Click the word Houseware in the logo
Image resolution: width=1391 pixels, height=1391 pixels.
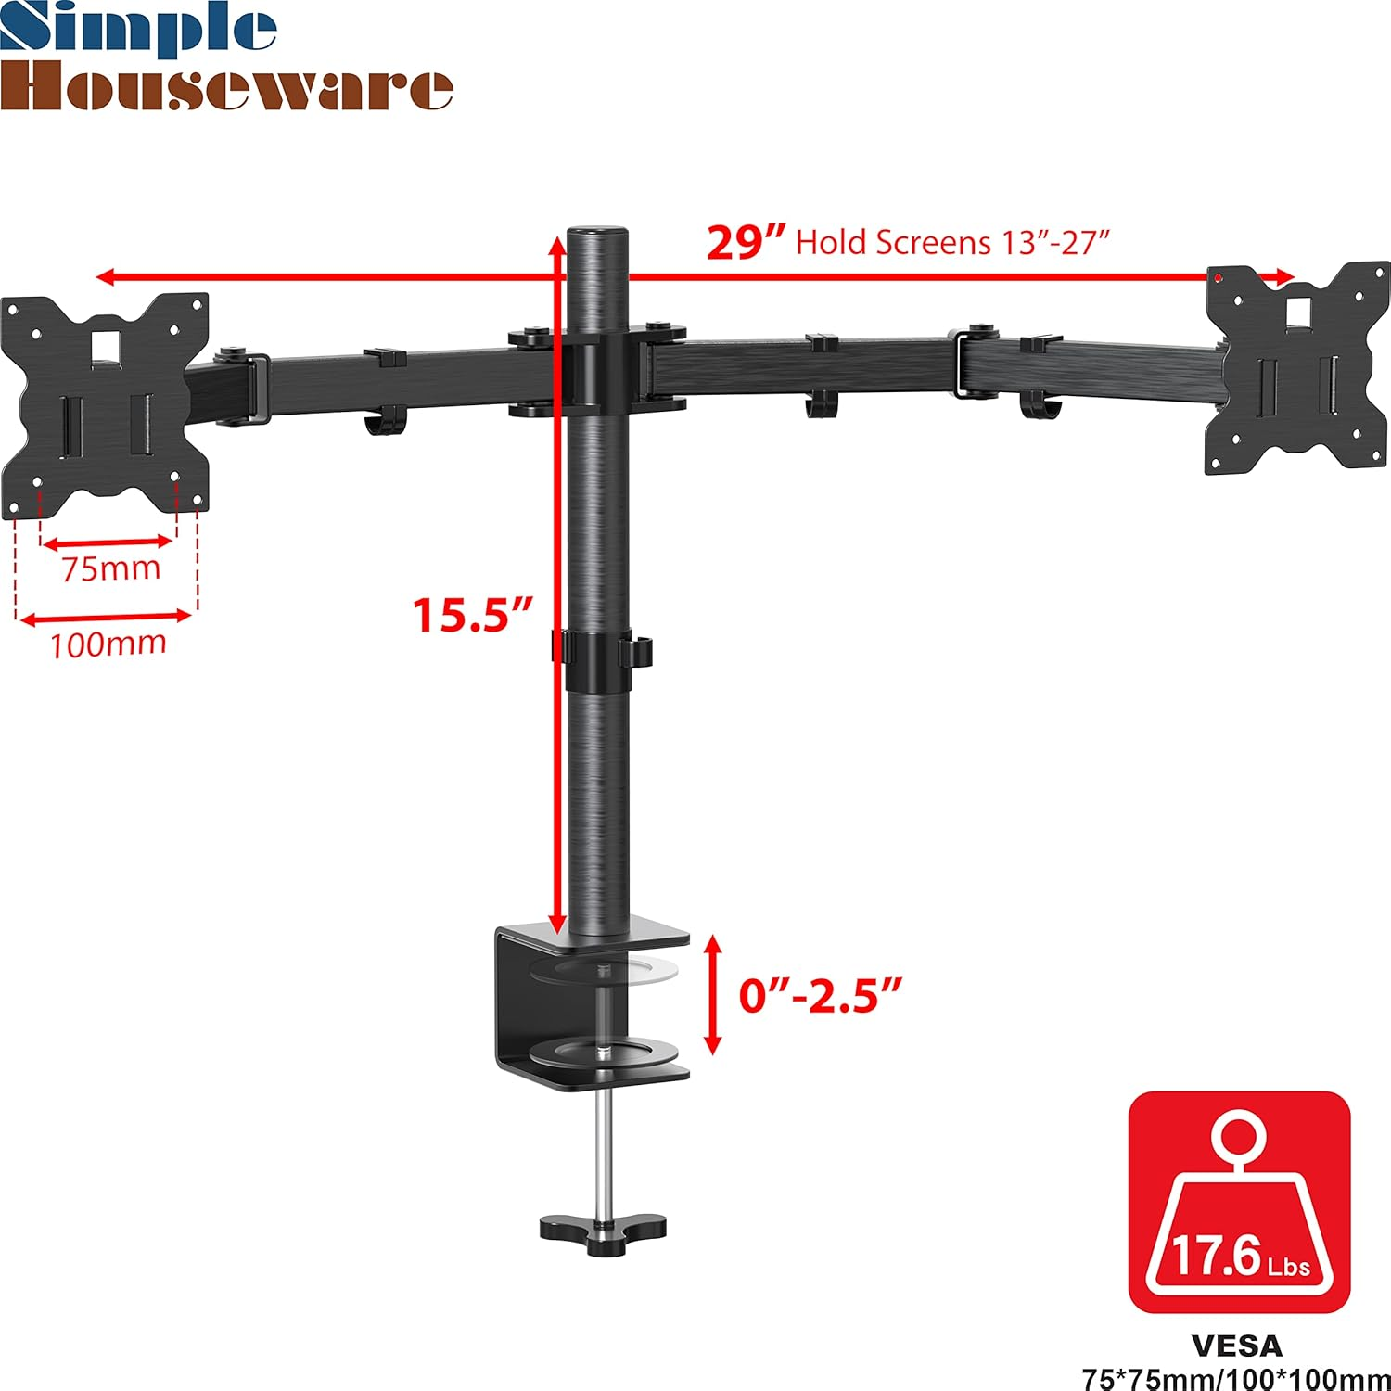tap(226, 87)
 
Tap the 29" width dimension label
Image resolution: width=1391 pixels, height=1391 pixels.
tap(746, 242)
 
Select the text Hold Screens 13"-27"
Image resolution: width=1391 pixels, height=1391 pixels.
tap(952, 243)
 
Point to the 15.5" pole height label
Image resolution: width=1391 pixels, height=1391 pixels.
tap(472, 615)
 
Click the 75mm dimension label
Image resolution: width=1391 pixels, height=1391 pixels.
tap(110, 568)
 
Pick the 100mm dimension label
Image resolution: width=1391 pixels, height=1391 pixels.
tap(108, 644)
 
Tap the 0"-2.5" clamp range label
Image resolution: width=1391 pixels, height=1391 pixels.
tap(820, 996)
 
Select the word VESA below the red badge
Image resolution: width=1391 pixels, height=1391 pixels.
tap(1237, 1346)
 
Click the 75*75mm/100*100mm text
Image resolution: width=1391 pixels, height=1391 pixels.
tap(1237, 1379)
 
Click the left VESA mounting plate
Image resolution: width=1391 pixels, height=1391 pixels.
tap(105, 405)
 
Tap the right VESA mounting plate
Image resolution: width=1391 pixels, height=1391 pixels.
tap(1298, 368)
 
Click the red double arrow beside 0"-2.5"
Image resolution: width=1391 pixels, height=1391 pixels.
tap(712, 996)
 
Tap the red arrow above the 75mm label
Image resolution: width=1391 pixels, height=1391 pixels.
tap(108, 542)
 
